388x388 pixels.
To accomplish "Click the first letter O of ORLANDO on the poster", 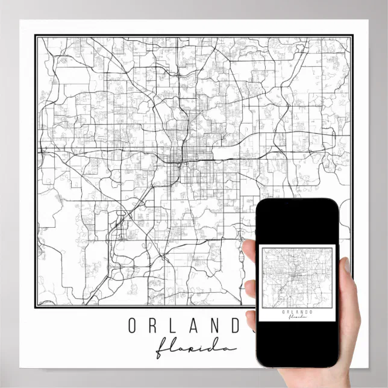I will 133,327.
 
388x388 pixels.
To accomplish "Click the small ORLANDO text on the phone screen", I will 296,311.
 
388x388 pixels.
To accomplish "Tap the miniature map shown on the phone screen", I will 296,277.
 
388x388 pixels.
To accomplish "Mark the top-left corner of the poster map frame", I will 36,37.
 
